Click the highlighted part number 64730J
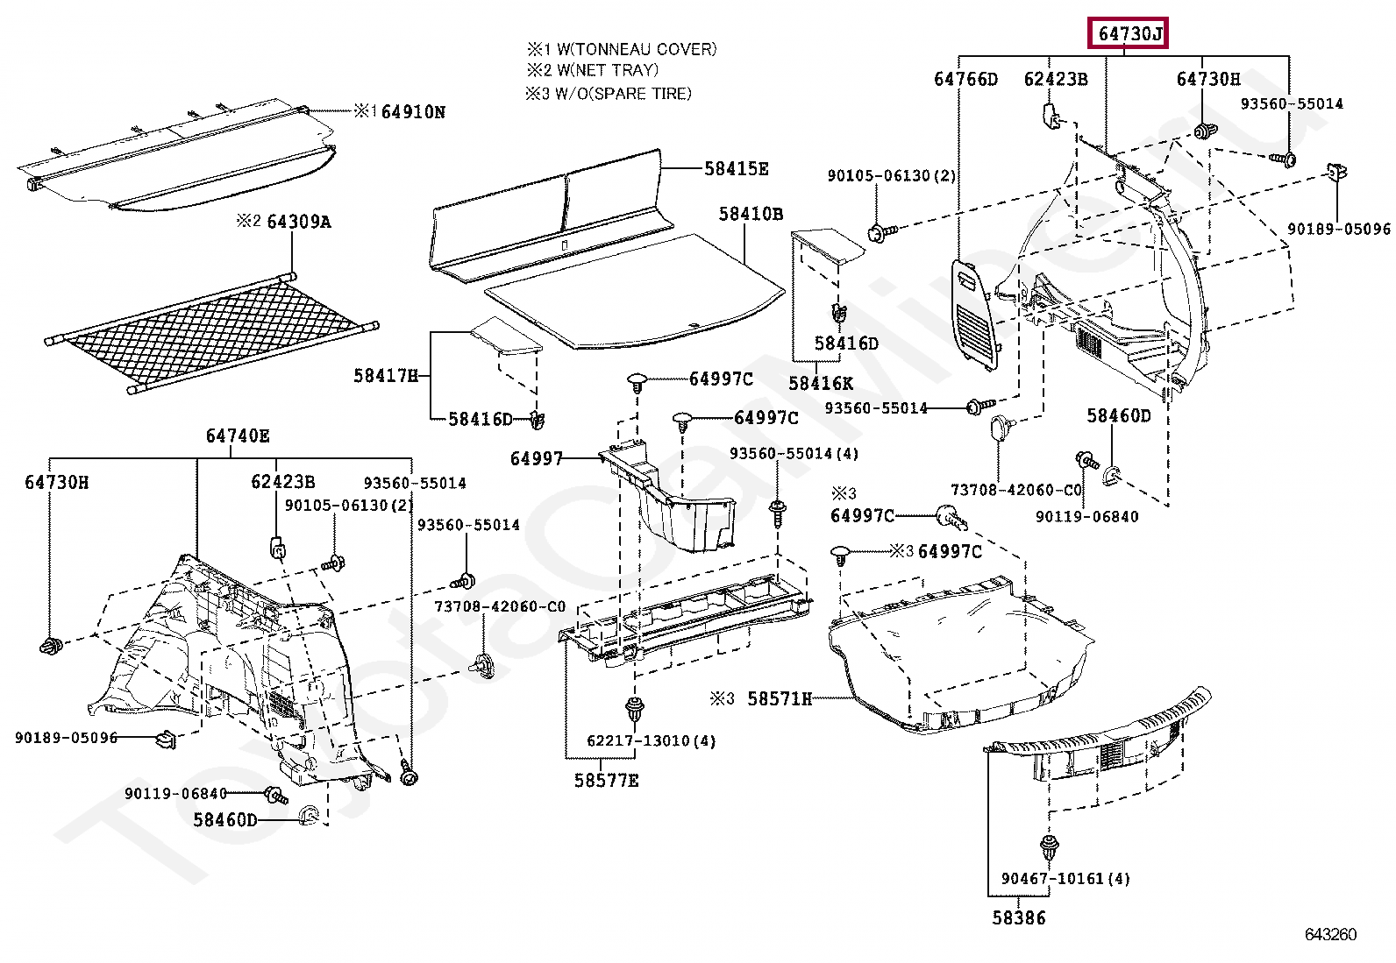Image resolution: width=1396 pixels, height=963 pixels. [1129, 34]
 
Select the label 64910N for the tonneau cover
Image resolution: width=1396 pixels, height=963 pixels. [413, 112]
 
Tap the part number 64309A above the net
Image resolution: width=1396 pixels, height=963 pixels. [298, 222]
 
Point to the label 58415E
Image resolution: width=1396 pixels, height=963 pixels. [736, 169]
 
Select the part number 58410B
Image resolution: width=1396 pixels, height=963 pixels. [751, 214]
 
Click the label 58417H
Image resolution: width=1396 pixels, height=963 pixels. [386, 376]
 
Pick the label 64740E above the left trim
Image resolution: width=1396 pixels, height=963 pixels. [238, 436]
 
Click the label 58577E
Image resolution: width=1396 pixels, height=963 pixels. [607, 780]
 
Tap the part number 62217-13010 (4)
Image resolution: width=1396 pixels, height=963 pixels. [651, 741]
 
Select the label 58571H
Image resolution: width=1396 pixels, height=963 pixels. [780, 699]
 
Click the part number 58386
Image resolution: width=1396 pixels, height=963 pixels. [1019, 918]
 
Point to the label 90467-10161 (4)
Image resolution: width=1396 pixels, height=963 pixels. [1065, 879]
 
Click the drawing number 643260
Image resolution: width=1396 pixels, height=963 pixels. [1330, 934]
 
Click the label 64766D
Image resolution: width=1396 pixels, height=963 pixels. [965, 80]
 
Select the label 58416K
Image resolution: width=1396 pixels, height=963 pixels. [821, 384]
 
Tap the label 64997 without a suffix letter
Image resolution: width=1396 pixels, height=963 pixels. [536, 459]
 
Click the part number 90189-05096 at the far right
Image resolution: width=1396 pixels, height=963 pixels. [1338, 230]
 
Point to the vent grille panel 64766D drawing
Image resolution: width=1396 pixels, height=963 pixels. [975, 311]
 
